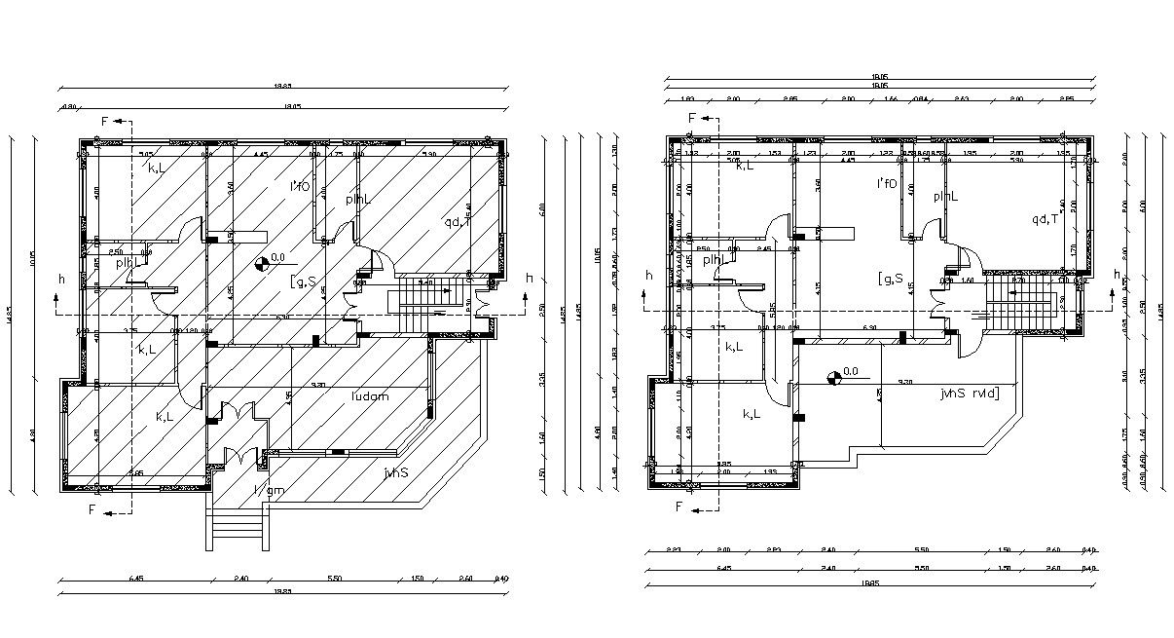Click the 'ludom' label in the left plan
370,395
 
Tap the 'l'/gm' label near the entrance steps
269,490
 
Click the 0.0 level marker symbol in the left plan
261,261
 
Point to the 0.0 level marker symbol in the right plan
833,378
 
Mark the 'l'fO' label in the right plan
886,182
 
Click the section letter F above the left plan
105,121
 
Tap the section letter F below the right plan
680,507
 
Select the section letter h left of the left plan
61,279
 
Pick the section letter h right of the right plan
1116,275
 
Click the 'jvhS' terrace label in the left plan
394,472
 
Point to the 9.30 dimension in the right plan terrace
904,382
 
